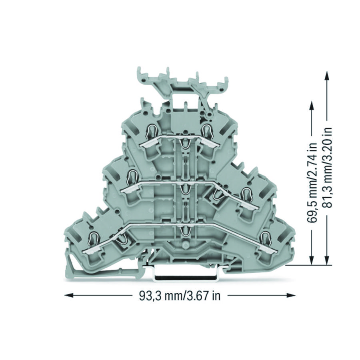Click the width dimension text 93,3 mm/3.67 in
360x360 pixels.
click(180, 296)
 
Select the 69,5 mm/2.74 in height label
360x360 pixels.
click(312, 183)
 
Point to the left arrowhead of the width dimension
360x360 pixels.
click(69, 295)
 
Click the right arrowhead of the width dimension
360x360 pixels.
click(291, 296)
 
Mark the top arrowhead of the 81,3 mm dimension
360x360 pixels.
click(327, 75)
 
